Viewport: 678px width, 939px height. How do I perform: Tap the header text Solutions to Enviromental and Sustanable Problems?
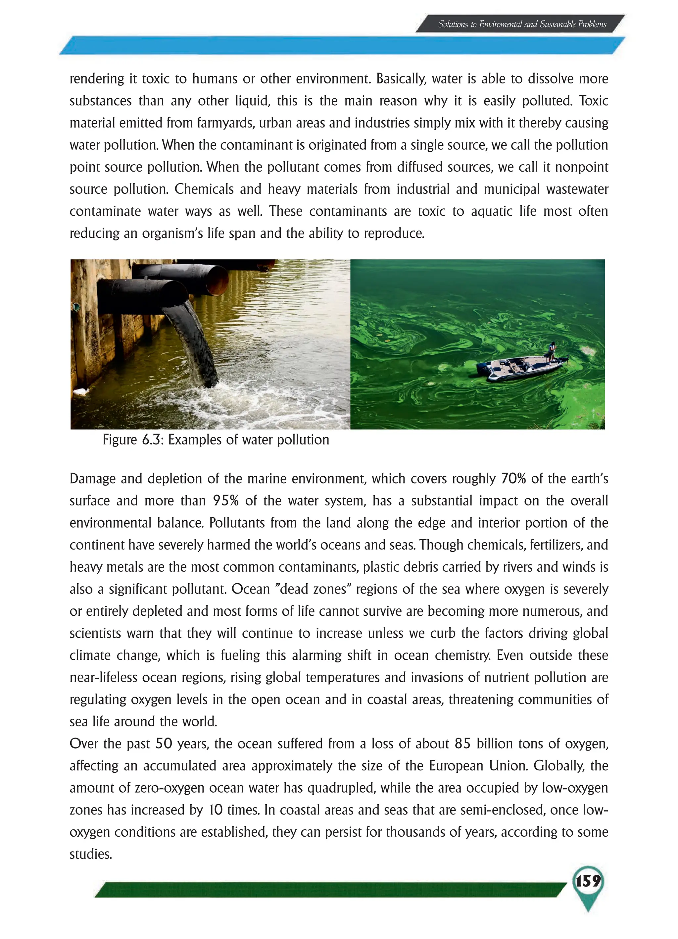coord(522,25)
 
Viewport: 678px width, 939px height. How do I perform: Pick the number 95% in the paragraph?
coord(225,500)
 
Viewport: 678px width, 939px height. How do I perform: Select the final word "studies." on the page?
coord(91,854)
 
